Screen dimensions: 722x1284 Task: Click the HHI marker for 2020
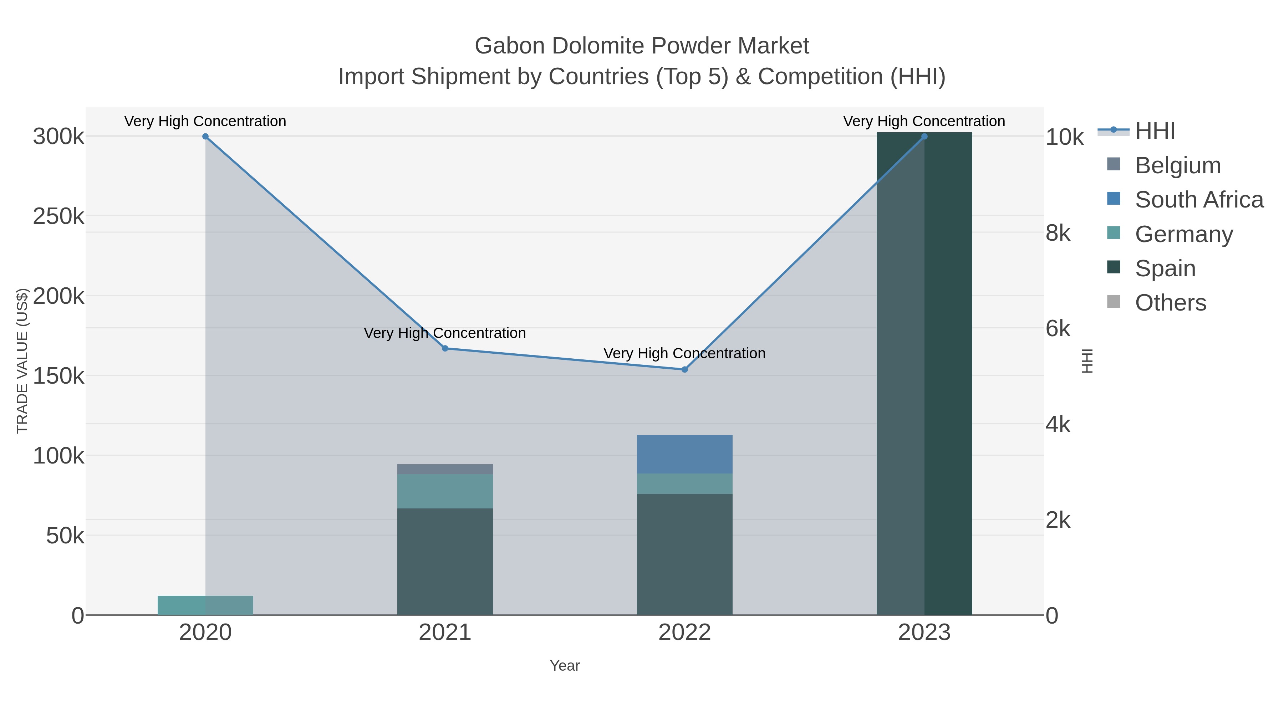[x=205, y=137]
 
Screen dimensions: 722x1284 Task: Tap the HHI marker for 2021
[x=445, y=348]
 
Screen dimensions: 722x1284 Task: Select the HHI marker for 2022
[x=684, y=370]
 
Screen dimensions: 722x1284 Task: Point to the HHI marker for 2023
[x=924, y=137]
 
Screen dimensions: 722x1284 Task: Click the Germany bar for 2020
[x=205, y=605]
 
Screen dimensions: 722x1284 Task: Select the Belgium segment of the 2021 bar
[x=445, y=469]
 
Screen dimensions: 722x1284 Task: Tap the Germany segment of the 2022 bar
[x=684, y=483]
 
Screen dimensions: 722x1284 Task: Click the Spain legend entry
[x=1165, y=268]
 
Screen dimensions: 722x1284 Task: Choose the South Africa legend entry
[x=1198, y=200]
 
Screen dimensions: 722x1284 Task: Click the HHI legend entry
[x=1155, y=131]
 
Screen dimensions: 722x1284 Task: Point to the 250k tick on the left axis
[x=58, y=217]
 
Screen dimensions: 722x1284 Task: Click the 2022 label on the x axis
[x=684, y=633]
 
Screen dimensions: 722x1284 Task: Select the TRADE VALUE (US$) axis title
[x=22, y=361]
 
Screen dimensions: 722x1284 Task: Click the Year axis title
[x=565, y=666]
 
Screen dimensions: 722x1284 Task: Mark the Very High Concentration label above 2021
[x=445, y=333]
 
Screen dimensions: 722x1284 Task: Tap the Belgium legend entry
[x=1177, y=165]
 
